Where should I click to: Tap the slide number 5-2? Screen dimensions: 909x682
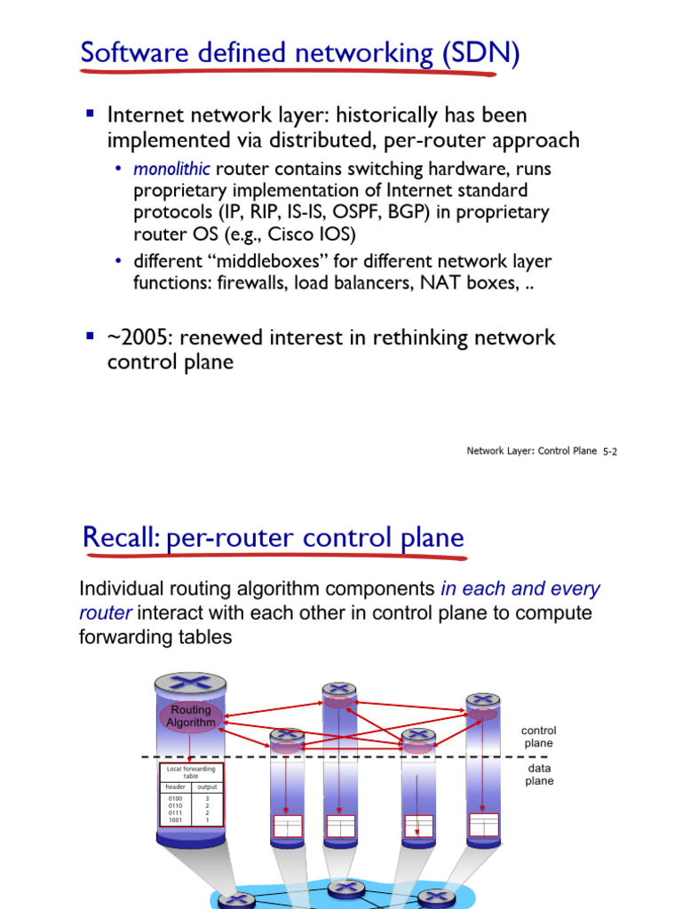[609, 451]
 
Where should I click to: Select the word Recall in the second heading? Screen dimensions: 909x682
[120, 538]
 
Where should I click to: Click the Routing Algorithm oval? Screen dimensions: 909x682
[190, 716]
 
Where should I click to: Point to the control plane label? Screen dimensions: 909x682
[538, 737]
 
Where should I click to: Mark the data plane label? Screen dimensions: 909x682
[539, 774]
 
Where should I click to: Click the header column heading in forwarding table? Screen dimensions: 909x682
[175, 786]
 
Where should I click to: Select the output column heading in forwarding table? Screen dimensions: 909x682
[207, 786]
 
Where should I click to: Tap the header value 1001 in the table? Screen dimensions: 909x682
[174, 820]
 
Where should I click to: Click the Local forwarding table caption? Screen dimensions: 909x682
[191, 771]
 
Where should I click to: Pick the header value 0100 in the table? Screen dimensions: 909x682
[174, 799]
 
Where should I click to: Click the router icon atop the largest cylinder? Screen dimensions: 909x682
[190, 685]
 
